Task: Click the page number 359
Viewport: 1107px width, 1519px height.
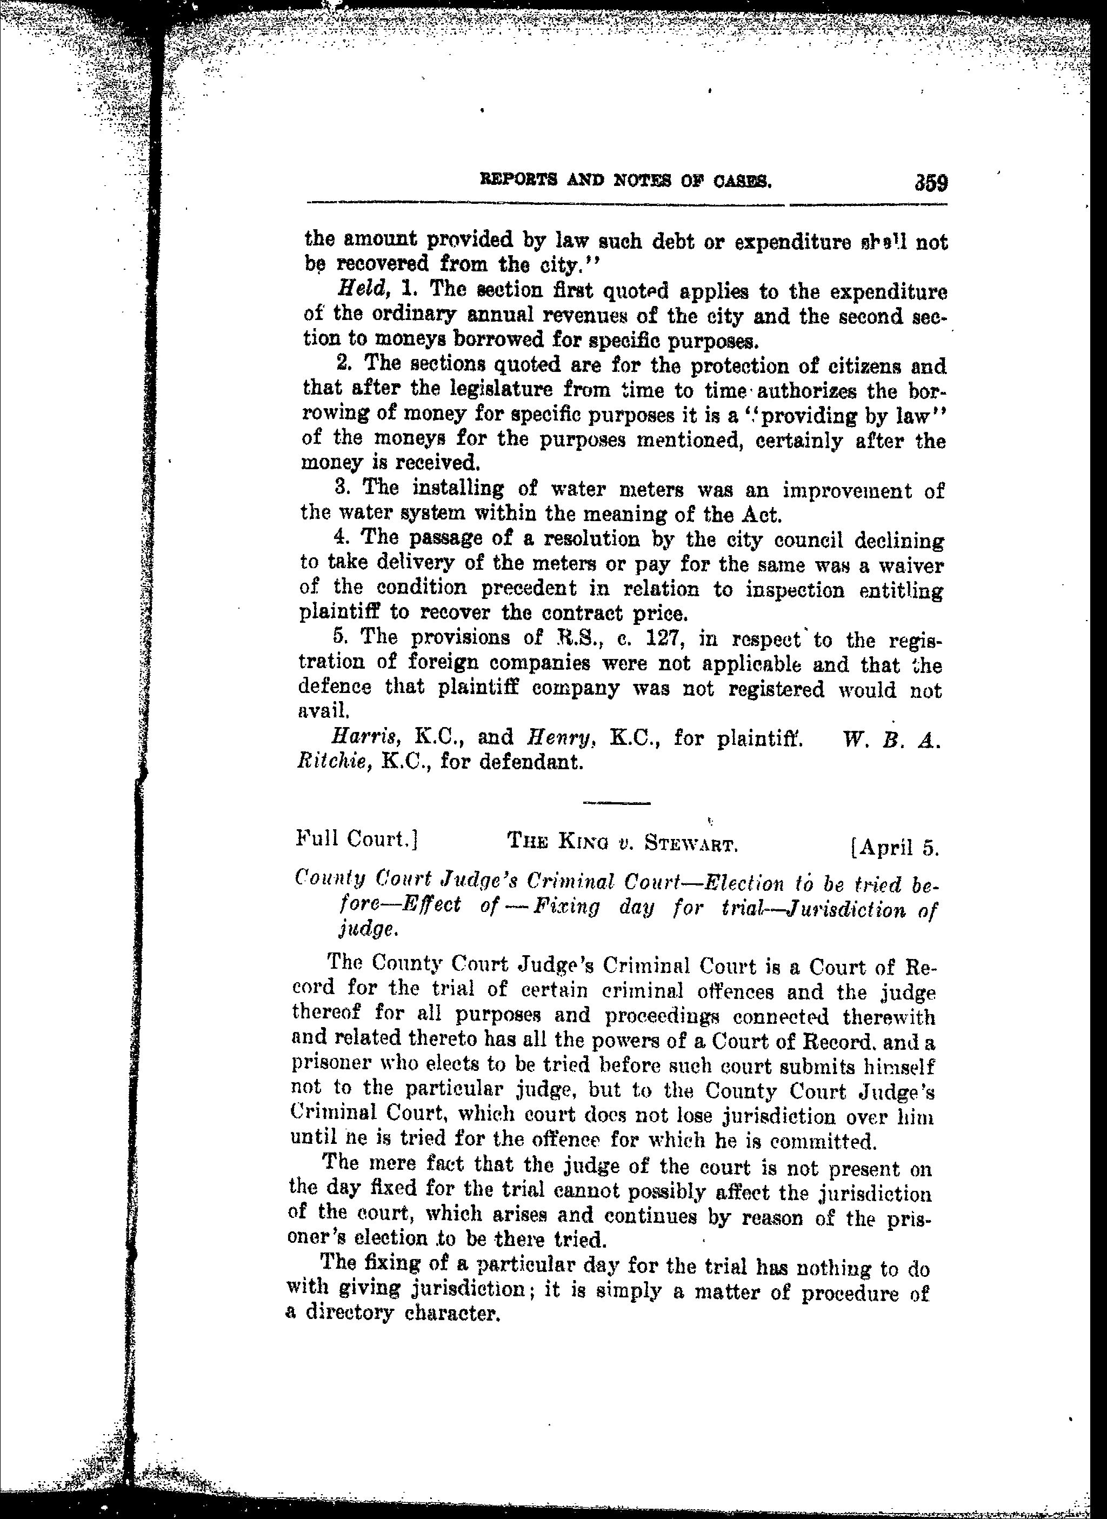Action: [x=928, y=183]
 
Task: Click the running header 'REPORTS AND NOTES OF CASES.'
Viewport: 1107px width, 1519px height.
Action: [x=624, y=181]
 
